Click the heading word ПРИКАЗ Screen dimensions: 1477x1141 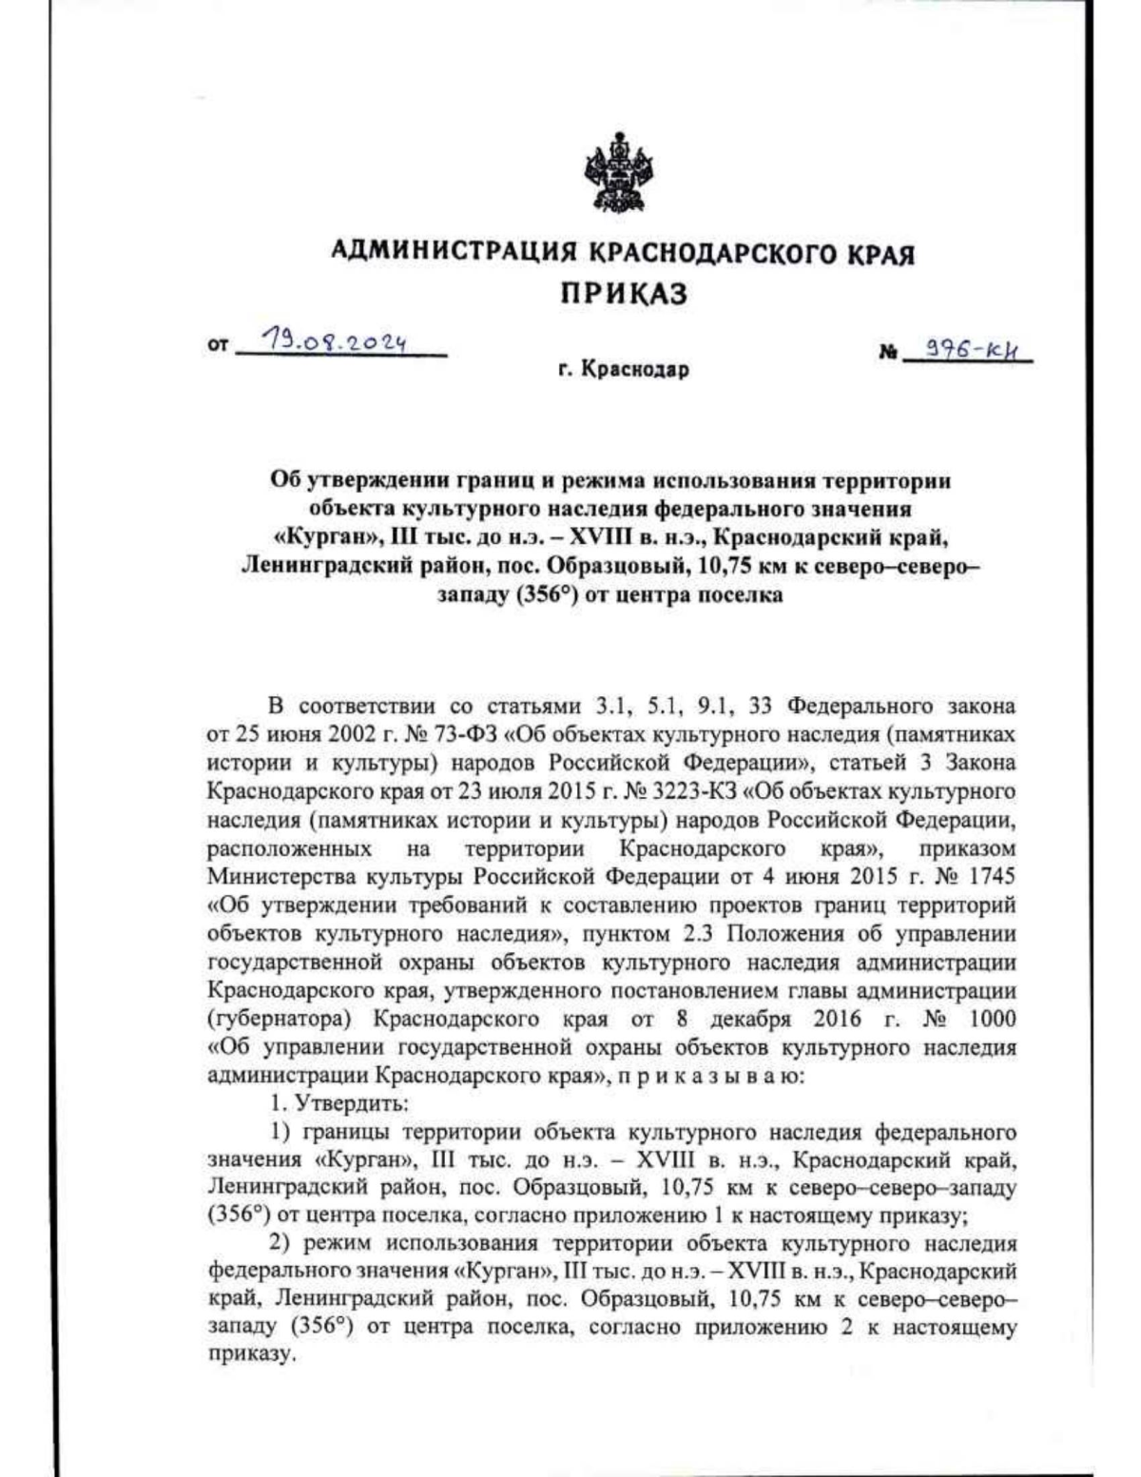(x=622, y=294)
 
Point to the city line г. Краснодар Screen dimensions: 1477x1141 (x=624, y=370)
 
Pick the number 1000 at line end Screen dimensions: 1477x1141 (x=992, y=1019)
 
